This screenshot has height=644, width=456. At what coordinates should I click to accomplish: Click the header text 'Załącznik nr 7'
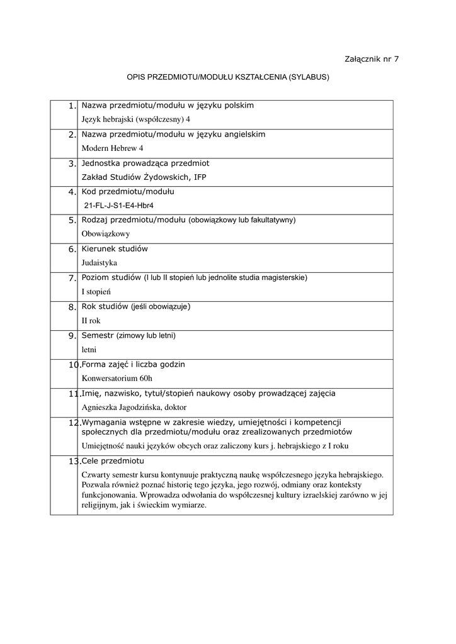(x=372, y=59)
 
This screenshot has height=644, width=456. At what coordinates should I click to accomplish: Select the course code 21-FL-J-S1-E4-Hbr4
(x=119, y=206)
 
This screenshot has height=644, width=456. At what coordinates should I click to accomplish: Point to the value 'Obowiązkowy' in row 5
(x=106, y=233)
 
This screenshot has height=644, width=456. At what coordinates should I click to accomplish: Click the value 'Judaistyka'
(x=100, y=263)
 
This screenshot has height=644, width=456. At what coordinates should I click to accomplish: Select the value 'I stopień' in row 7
(x=96, y=292)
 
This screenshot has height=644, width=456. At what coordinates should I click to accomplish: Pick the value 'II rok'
(x=91, y=321)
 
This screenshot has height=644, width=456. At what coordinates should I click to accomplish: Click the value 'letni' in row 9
(x=89, y=350)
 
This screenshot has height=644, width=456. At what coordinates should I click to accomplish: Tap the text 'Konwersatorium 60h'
(x=117, y=379)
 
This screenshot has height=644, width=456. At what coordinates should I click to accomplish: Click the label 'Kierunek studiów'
(x=115, y=249)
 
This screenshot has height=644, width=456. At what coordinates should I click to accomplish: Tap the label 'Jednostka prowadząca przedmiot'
(x=145, y=163)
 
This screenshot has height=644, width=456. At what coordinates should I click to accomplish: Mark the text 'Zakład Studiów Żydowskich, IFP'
(x=144, y=177)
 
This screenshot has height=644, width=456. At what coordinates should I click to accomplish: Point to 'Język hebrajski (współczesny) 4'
(x=136, y=119)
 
